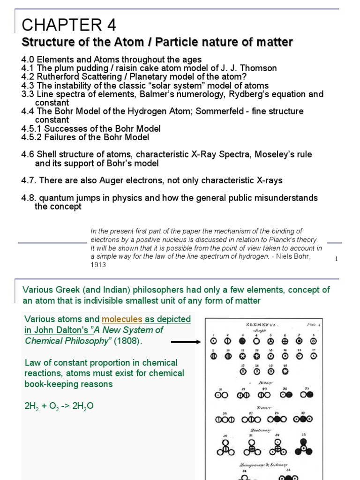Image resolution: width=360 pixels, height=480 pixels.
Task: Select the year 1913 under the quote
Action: (98, 265)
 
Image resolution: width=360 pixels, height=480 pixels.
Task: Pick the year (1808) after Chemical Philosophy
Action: (128, 341)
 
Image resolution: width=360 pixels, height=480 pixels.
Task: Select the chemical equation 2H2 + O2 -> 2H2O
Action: (59, 406)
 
